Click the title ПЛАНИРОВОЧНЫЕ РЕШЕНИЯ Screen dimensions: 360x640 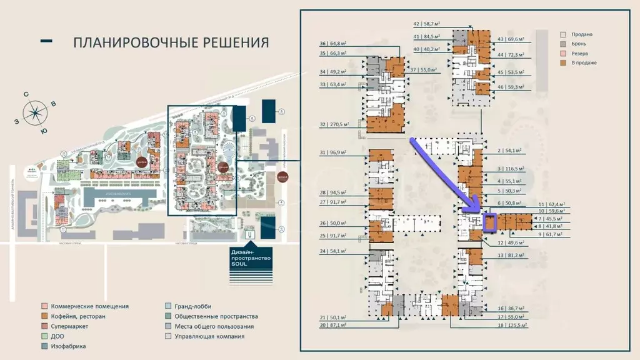coord(171,42)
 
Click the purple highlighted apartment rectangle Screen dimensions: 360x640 coord(489,222)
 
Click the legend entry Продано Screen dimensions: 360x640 coord(580,34)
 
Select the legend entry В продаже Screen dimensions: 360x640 coord(582,62)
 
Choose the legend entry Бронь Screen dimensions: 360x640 coord(578,44)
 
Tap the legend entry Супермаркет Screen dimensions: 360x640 coord(70,326)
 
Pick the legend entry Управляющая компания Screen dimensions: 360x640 coord(209,336)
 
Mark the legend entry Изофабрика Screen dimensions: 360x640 coord(69,346)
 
